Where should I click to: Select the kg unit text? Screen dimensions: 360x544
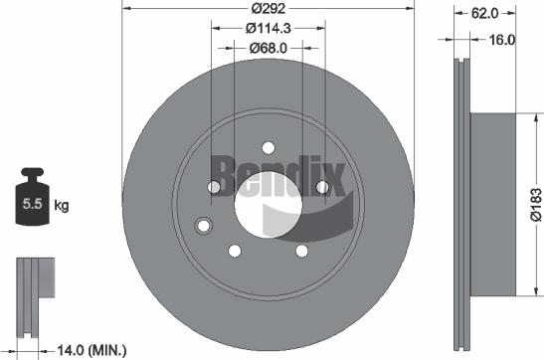(61, 207)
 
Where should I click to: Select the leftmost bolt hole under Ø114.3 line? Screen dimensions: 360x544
(215, 188)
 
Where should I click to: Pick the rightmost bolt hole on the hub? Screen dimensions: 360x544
(321, 187)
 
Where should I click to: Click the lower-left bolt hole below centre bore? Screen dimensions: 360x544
(236, 251)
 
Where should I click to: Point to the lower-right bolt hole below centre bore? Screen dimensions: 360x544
(300, 251)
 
